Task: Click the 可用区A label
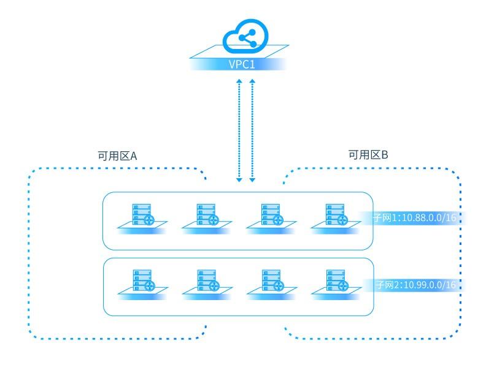[x=117, y=156]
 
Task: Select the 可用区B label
[x=368, y=155]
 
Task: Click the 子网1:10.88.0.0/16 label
[x=415, y=217]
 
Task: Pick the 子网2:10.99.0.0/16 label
[x=415, y=285]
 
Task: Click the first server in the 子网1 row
[x=142, y=216]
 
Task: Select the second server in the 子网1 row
[x=206, y=216]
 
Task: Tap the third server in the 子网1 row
[x=271, y=216]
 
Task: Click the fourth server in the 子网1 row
[x=335, y=216]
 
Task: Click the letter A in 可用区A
[x=133, y=156]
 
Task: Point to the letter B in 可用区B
[x=385, y=155]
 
